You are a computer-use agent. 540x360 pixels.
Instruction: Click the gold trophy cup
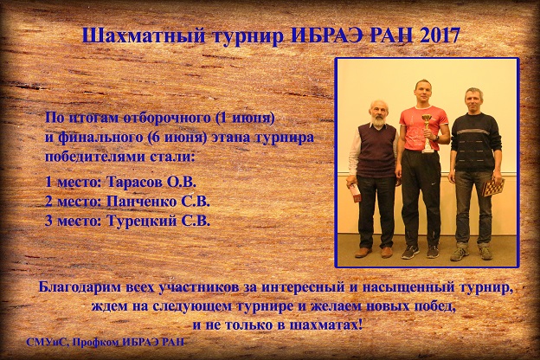click(427, 132)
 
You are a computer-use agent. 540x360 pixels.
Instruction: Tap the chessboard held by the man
click(493, 188)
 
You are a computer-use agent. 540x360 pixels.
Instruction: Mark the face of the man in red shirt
click(421, 93)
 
